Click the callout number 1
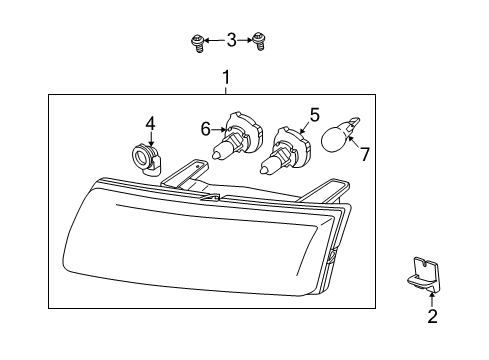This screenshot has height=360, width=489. pyautogui.click(x=227, y=76)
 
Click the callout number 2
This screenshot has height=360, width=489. pyautogui.click(x=432, y=318)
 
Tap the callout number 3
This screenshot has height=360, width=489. pyautogui.click(x=231, y=40)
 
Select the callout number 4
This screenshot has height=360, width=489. pyautogui.click(x=151, y=123)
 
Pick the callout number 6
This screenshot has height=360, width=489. pyautogui.click(x=206, y=128)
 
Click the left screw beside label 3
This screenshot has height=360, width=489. pyautogui.click(x=197, y=41)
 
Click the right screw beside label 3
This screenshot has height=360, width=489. pyautogui.click(x=262, y=41)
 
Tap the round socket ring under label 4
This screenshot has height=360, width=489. pyautogui.click(x=146, y=158)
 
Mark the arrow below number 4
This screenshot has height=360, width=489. pyautogui.click(x=151, y=139)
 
